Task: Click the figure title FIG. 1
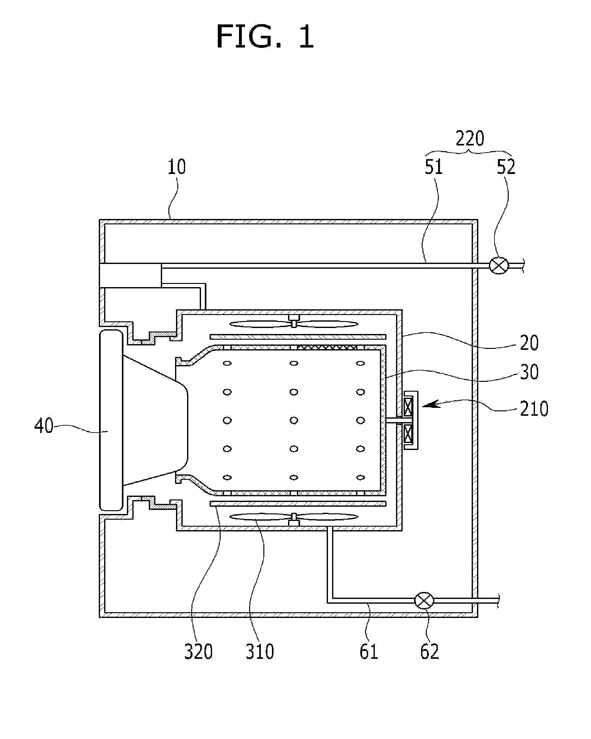pos(265,37)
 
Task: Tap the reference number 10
pos(176,167)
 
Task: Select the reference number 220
pos(470,139)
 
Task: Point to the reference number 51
pos(433,167)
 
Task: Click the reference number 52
pos(506,167)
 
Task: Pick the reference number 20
pos(529,343)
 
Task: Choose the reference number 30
pos(529,372)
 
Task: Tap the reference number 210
pos(534,408)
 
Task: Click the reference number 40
pos(43,426)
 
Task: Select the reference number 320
pos(198,652)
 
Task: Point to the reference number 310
pos(260,652)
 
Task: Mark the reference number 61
pos(368,652)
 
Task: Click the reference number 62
pos(429,652)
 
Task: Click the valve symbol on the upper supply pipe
pos(499,266)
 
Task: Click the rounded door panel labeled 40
pos(110,421)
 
